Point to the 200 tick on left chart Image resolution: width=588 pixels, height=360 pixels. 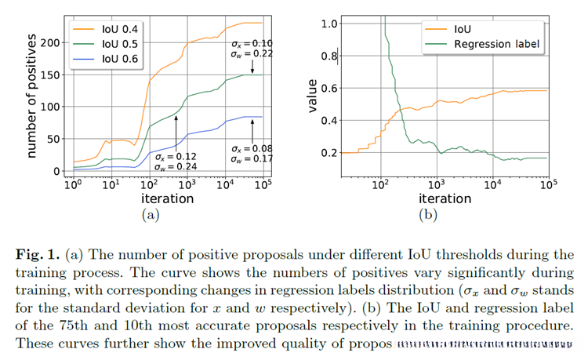[50, 42]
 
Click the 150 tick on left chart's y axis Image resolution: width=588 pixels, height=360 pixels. [50, 74]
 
